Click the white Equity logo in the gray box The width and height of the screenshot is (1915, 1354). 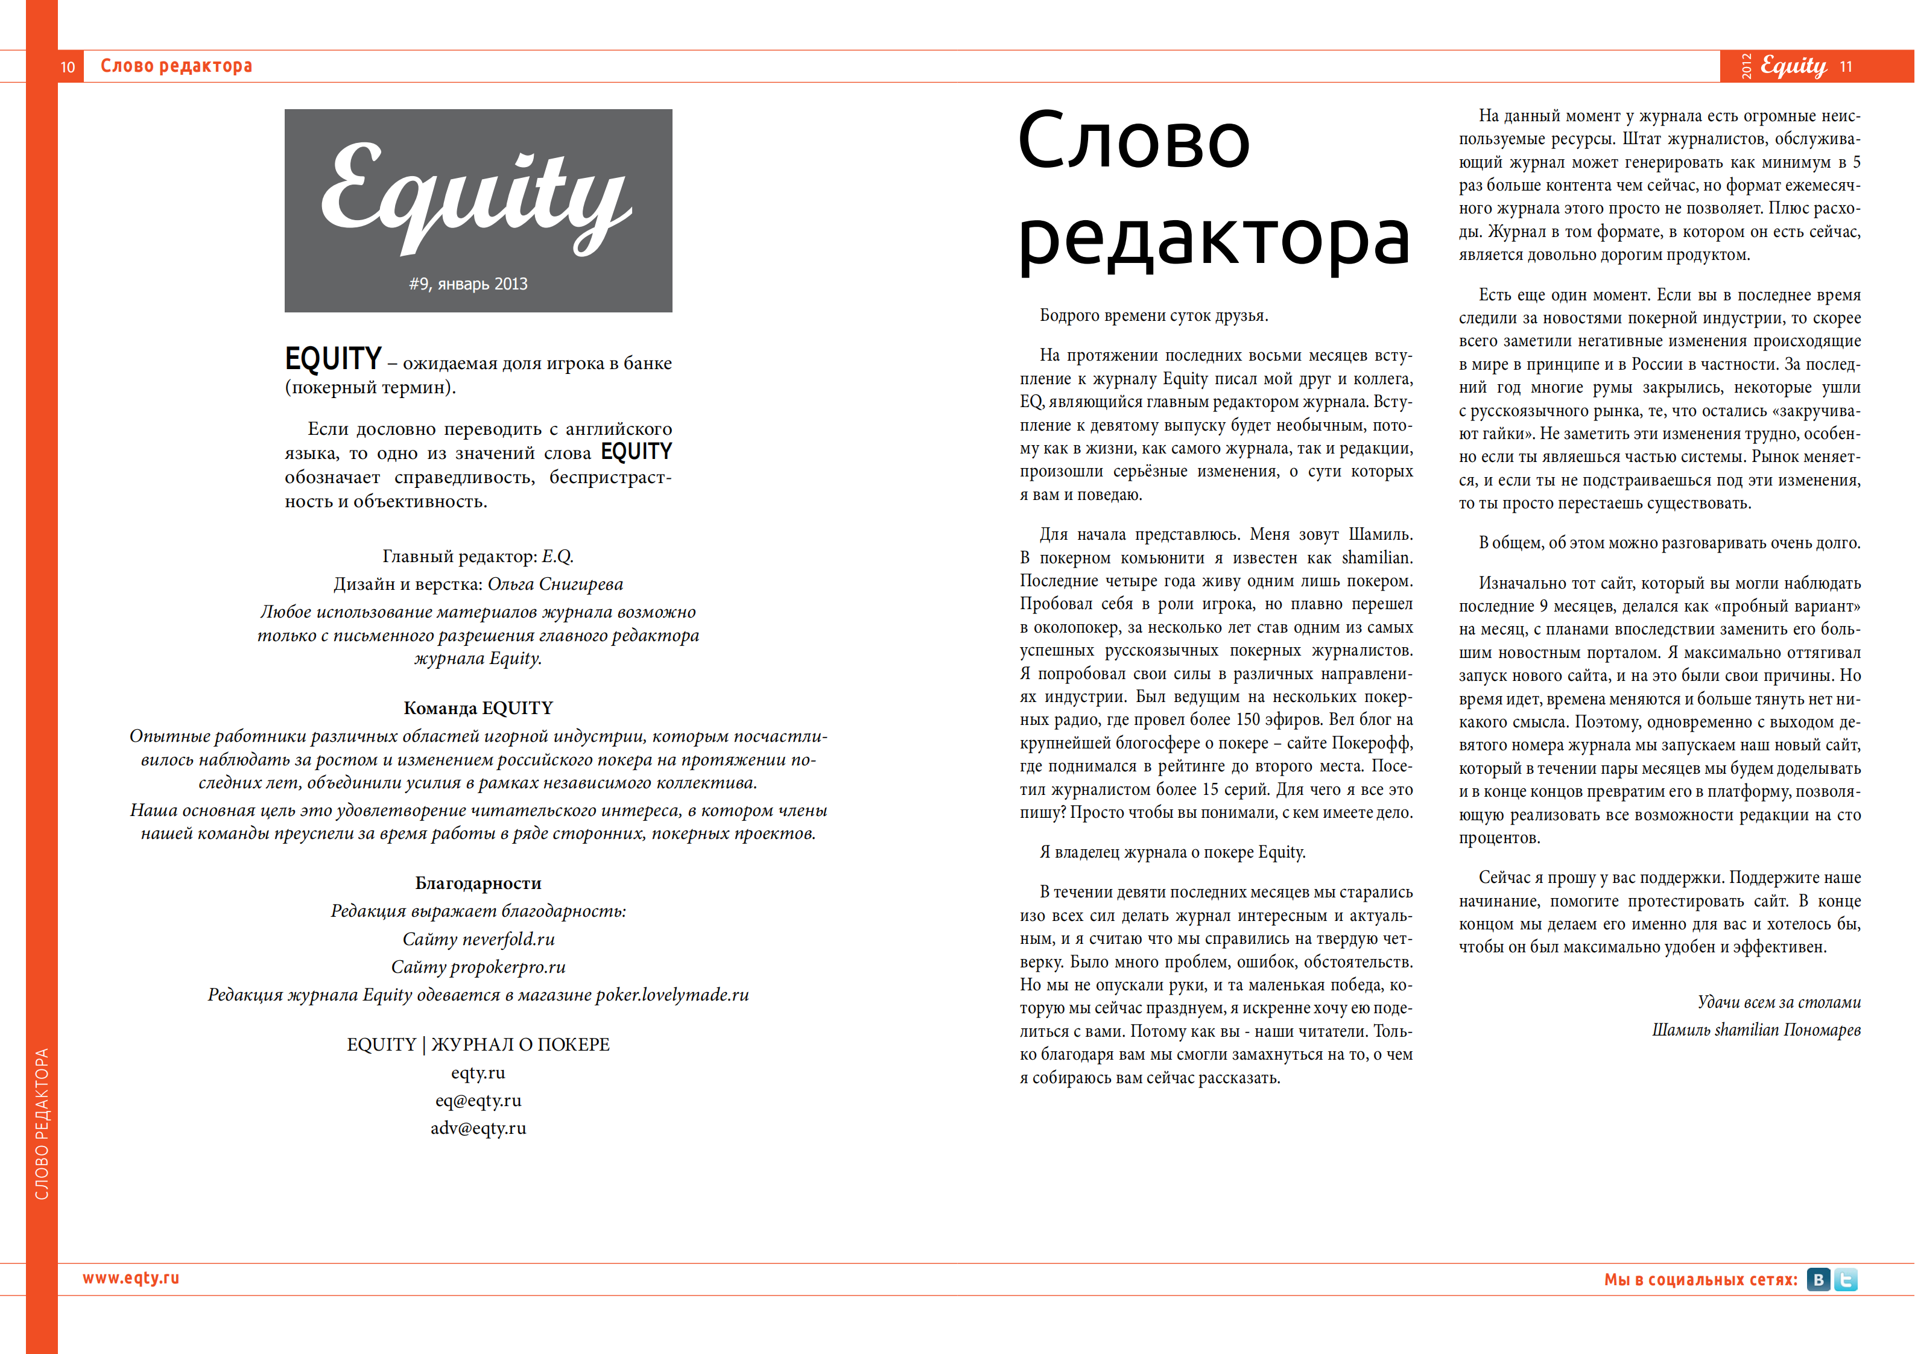(476, 197)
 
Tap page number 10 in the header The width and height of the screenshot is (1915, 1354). (68, 67)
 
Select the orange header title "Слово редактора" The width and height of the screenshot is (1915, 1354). (176, 66)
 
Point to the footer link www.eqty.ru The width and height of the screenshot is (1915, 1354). (131, 1278)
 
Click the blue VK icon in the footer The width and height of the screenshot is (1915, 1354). (1818, 1280)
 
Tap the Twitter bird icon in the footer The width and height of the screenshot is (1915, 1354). (1846, 1280)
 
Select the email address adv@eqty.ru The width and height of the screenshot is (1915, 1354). (478, 1129)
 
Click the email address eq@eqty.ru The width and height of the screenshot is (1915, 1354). (478, 1100)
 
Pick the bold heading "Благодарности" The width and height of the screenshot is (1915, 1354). (478, 884)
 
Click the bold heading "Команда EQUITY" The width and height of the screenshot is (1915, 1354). (478, 708)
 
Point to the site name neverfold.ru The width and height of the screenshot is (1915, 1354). (508, 940)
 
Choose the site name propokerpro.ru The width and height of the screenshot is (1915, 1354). (507, 967)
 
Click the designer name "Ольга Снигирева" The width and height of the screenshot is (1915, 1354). (555, 584)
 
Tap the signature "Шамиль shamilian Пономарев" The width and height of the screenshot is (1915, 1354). (1756, 1030)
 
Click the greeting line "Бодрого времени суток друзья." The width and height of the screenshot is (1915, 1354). (1153, 315)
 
